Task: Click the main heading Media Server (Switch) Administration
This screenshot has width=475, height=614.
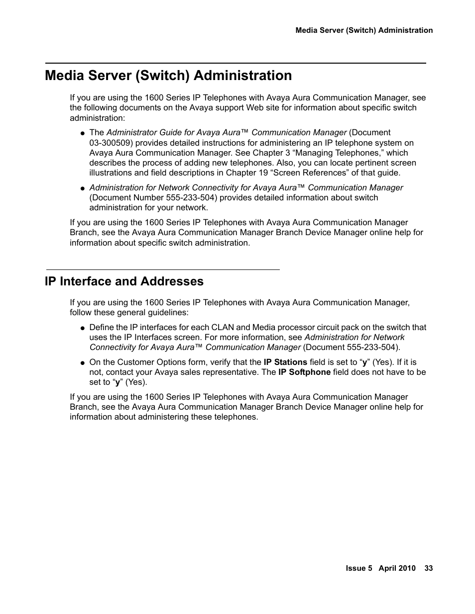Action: pos(168,76)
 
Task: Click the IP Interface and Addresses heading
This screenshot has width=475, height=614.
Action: pos(124,281)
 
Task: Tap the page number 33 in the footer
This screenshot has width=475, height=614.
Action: pos(429,568)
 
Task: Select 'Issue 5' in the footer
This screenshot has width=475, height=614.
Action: pos(358,568)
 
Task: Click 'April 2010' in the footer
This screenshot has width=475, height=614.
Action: pos(397,568)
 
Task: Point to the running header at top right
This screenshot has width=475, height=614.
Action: pos(364,30)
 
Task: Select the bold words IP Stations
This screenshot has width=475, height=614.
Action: pos(285,362)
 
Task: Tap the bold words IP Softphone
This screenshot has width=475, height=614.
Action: pos(304,372)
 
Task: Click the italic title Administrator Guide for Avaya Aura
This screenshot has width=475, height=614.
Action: pos(173,132)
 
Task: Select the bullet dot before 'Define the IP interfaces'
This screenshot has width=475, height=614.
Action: pos(83,328)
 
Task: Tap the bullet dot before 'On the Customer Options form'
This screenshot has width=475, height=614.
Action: pos(83,363)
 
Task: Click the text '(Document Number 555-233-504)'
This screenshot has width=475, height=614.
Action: pos(153,197)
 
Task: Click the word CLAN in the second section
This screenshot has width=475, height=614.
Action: pos(223,327)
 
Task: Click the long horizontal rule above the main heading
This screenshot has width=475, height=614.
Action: pos(236,63)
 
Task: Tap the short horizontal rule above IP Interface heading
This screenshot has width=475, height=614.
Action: pos(162,269)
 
